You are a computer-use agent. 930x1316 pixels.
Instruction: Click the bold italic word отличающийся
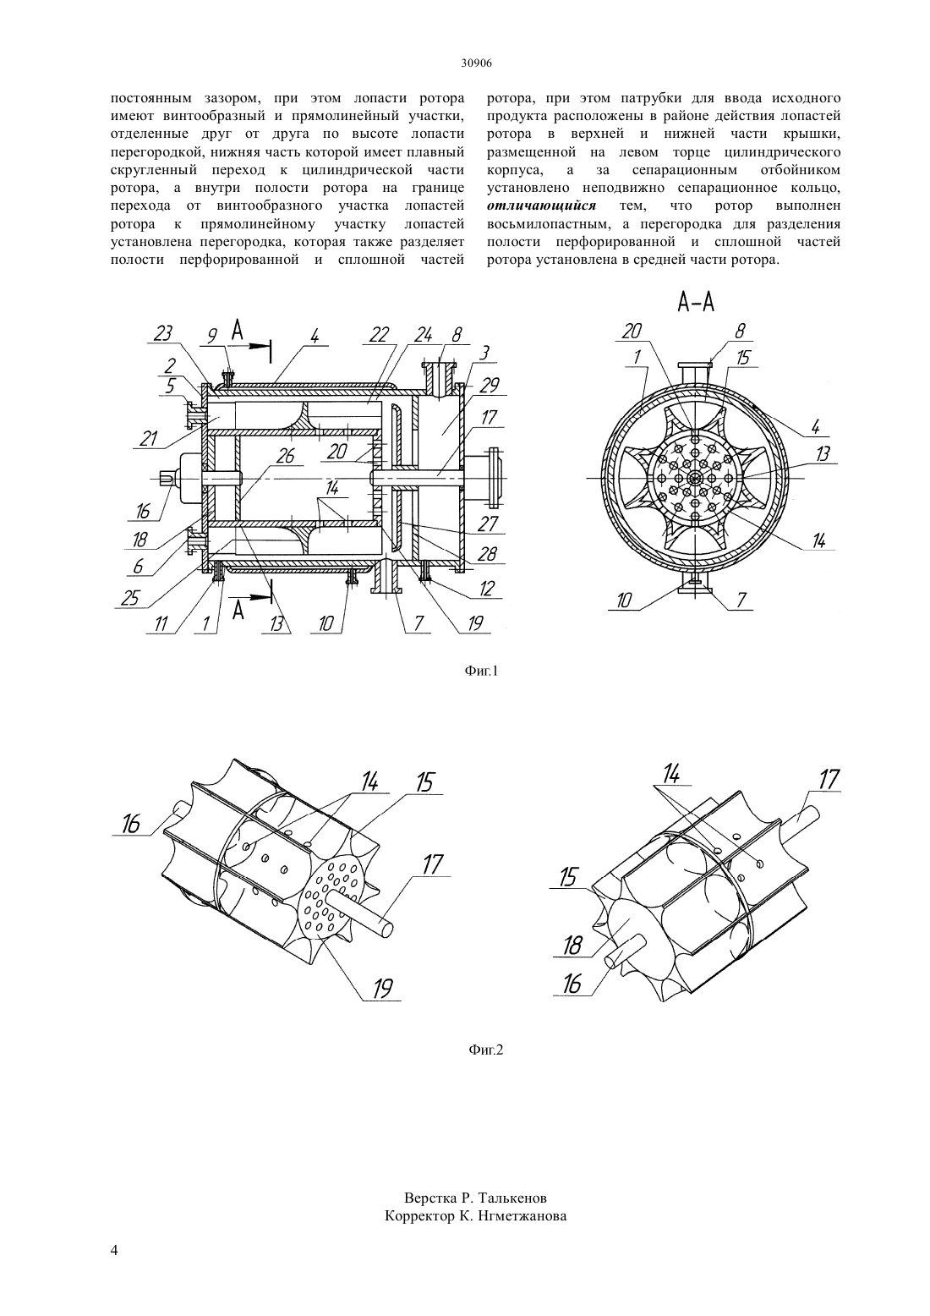(x=541, y=206)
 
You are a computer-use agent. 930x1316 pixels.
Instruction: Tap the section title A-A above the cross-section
(x=696, y=303)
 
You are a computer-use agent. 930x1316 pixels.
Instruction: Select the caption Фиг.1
(x=481, y=671)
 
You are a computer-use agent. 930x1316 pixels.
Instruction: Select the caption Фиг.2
(x=485, y=1050)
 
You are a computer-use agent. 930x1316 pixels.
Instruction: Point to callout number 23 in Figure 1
(x=162, y=333)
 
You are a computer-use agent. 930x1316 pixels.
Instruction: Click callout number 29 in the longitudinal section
(x=489, y=386)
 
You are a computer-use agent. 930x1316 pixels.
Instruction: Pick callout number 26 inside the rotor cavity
(x=286, y=455)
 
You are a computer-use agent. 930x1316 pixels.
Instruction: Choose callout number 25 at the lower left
(x=129, y=597)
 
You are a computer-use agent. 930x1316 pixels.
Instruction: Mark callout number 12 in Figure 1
(x=487, y=588)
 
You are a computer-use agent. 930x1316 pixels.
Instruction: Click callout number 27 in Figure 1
(x=487, y=524)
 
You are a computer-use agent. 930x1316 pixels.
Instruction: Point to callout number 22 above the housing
(x=380, y=334)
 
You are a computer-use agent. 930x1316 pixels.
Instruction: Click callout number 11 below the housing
(x=161, y=624)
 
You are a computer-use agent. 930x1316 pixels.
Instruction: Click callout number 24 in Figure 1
(x=423, y=334)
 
